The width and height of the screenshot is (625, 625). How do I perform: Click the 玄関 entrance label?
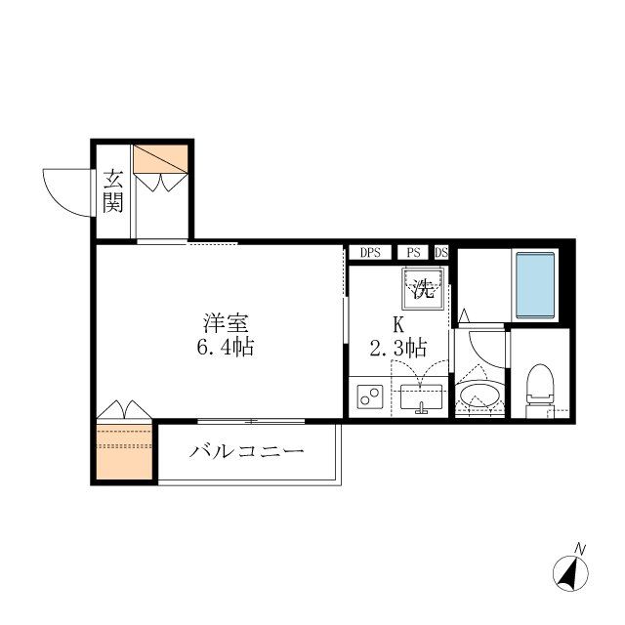pyautogui.click(x=114, y=191)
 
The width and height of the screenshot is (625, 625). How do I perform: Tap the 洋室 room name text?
pyautogui.click(x=223, y=321)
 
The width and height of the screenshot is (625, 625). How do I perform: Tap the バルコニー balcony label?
pyautogui.click(x=248, y=452)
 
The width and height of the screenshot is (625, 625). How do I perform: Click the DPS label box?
pyautogui.click(x=369, y=252)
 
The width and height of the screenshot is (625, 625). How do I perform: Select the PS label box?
pyautogui.click(x=414, y=252)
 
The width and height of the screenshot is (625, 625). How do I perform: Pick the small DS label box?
pyautogui.click(x=441, y=252)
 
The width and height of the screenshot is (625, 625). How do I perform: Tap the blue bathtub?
pyautogui.click(x=534, y=284)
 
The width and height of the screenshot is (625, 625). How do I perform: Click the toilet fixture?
pyautogui.click(x=539, y=388)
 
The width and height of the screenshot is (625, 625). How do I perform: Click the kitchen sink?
pyautogui.click(x=422, y=397)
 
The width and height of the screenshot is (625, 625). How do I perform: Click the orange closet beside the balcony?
pyautogui.click(x=124, y=449)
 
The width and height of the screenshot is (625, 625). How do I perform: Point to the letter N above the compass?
pyautogui.click(x=579, y=548)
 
